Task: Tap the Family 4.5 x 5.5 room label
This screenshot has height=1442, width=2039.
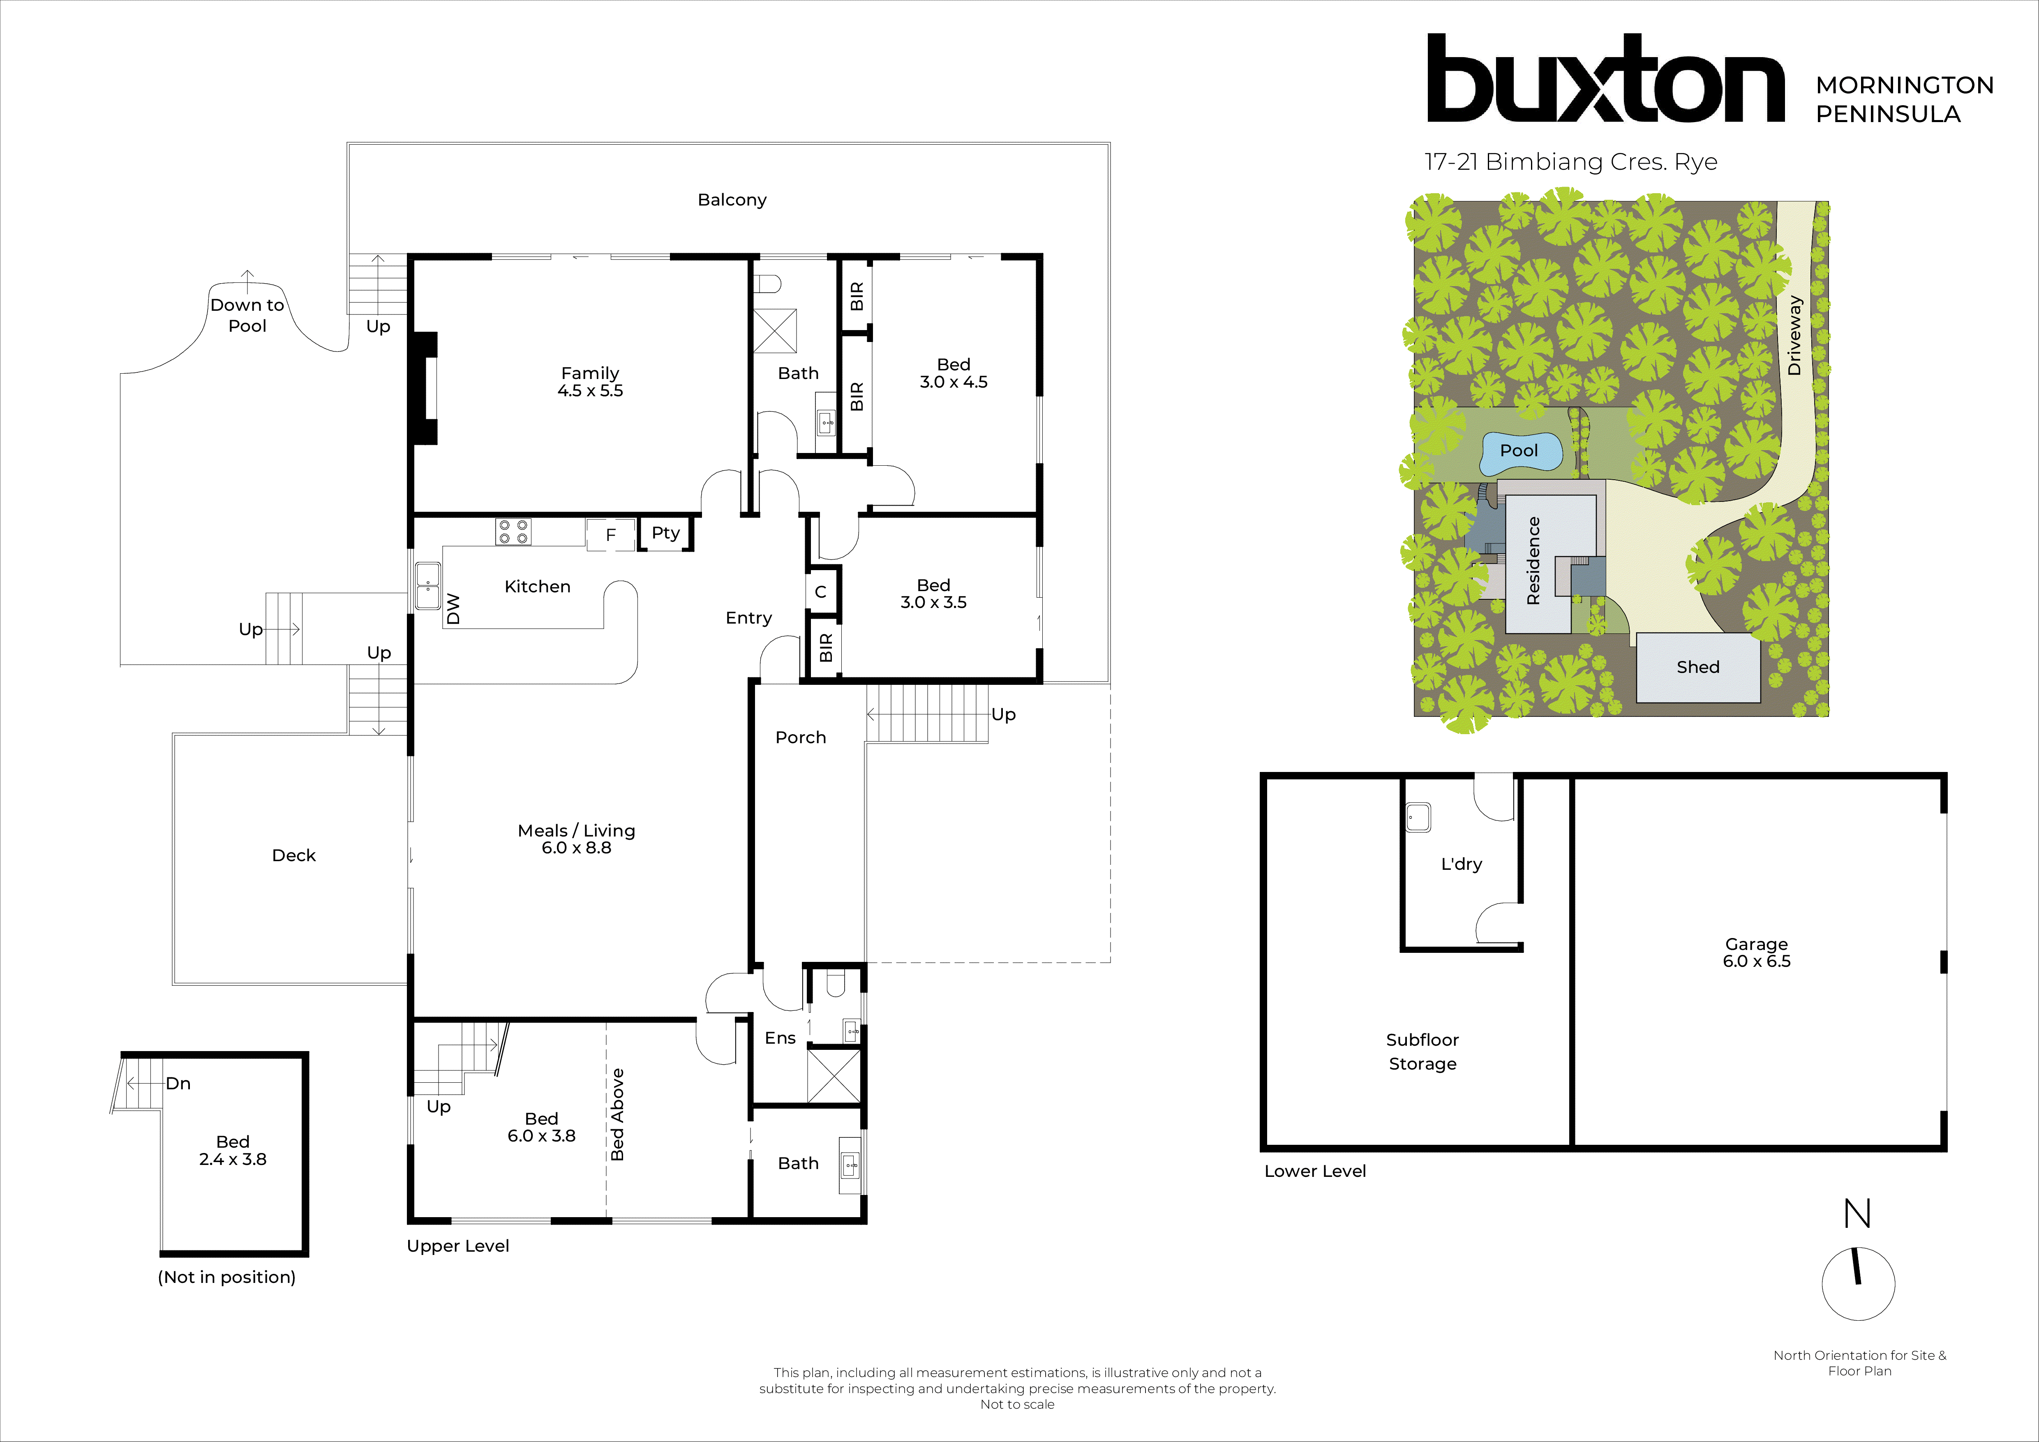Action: coord(590,382)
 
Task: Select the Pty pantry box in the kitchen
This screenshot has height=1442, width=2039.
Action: coord(665,534)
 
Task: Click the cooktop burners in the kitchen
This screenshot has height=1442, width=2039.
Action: coord(513,532)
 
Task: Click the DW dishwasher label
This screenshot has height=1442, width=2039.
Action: coord(453,609)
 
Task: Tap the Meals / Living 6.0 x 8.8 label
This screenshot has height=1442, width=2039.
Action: coord(576,839)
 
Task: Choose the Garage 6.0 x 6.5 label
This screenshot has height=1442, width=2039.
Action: coord(1756,953)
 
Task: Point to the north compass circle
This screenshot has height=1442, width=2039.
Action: coord(1858,1285)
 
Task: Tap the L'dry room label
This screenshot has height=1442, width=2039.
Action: coord(1461,864)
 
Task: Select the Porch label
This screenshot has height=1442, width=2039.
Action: coord(800,738)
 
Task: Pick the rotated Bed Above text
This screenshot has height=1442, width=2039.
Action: coord(617,1115)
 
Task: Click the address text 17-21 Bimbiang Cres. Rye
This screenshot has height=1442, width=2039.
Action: coord(1570,162)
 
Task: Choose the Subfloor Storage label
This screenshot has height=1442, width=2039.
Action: coord(1422,1052)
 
